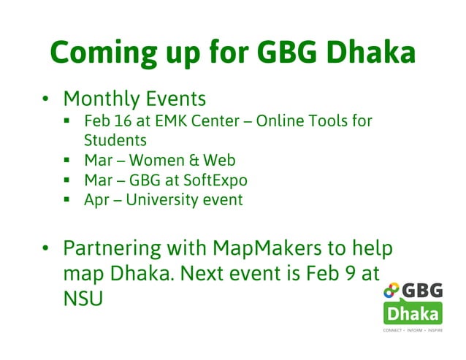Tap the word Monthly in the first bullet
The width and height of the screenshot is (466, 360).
98,99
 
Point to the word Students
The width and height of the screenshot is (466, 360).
115,139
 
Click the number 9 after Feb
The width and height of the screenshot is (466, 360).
350,274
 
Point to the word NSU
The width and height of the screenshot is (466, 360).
83,299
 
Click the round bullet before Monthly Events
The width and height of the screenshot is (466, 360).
45,99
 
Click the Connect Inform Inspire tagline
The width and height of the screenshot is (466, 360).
413,331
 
